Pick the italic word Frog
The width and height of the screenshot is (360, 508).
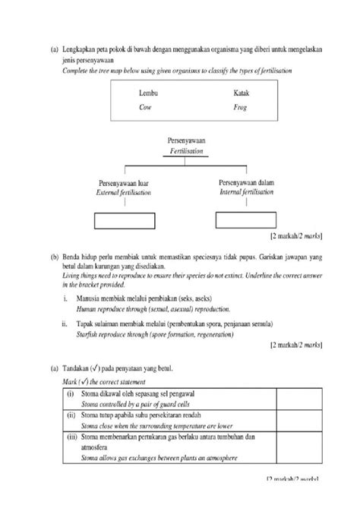pos(241,107)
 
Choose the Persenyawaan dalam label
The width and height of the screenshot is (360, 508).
pos(247,183)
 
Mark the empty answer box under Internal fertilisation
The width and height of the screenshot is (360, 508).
pos(245,220)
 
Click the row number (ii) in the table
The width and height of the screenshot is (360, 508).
pos(71,417)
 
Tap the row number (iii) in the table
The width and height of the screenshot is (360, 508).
pos(71,438)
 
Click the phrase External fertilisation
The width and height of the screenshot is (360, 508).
pos(123,194)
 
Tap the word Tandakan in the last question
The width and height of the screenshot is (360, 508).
pos(81,368)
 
